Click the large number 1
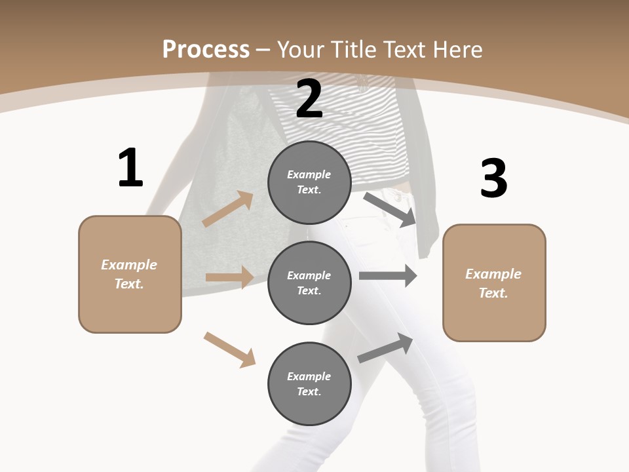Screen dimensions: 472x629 (130, 168)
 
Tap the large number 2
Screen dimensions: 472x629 (309, 98)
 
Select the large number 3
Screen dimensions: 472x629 (493, 178)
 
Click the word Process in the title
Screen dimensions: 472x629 (206, 49)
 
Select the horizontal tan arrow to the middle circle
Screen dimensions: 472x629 (229, 277)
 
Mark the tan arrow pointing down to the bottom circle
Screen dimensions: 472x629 (229, 349)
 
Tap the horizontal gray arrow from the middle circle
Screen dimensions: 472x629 (388, 276)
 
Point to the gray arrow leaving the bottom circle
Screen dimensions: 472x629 (385, 347)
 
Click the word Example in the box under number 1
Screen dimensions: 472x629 (129, 265)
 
